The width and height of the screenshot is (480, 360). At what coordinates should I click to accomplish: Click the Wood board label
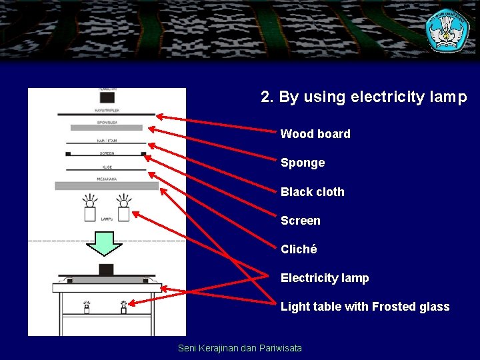click(315, 134)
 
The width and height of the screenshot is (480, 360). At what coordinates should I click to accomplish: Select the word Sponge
click(303, 163)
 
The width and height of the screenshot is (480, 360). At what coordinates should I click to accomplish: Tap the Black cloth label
click(312, 192)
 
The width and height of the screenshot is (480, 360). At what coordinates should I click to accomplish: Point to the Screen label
click(300, 221)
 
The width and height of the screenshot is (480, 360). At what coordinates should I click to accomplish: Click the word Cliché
click(299, 249)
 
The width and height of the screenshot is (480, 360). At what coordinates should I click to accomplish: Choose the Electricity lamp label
click(324, 278)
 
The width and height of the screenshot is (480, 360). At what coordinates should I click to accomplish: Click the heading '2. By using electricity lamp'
click(363, 97)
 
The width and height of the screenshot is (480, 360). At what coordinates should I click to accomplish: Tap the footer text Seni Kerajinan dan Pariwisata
click(240, 348)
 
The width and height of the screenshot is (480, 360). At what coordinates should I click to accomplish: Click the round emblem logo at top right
click(447, 30)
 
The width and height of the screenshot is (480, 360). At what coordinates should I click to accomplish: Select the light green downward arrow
click(105, 243)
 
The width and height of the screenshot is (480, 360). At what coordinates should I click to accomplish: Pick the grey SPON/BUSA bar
click(107, 127)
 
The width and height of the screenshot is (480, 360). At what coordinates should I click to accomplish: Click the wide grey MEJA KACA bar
click(107, 186)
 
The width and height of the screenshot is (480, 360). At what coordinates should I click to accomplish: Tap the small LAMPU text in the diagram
click(106, 219)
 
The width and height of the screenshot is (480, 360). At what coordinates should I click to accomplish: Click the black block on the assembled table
click(106, 269)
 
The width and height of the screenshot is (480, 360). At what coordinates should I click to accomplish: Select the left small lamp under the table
click(87, 307)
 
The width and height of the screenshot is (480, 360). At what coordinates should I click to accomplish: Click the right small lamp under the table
click(123, 307)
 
